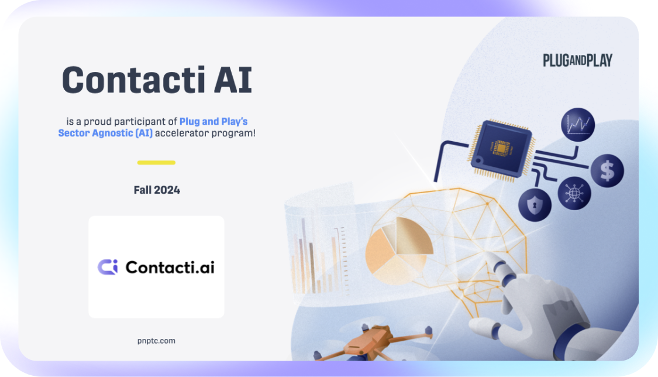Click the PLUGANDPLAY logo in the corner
[577, 60]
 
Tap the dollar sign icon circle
[607, 170]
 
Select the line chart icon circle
[578, 125]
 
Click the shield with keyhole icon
[535, 205]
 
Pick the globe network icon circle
[574, 193]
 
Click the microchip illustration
[501, 150]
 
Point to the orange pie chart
[398, 250]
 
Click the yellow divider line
[156, 163]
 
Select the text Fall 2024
[157, 190]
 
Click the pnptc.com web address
[156, 341]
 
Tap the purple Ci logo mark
[108, 267]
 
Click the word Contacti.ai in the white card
[170, 268]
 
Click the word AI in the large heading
[233, 80]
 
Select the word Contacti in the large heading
[133, 80]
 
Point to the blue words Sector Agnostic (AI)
[105, 133]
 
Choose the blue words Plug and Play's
[213, 122]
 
